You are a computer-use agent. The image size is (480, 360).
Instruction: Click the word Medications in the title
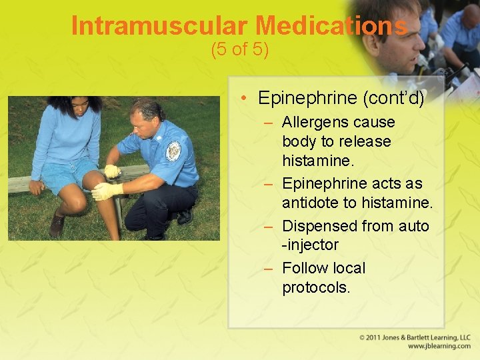(x=331, y=26)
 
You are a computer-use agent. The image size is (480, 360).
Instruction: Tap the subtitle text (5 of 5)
(x=239, y=50)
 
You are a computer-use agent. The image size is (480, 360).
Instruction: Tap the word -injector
(x=310, y=245)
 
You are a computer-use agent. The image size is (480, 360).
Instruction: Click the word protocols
(x=315, y=287)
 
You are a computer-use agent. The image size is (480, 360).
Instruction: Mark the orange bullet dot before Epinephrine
(x=245, y=99)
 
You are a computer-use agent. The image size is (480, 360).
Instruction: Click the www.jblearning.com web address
(x=439, y=347)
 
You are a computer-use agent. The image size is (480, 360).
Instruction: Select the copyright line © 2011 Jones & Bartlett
(x=415, y=337)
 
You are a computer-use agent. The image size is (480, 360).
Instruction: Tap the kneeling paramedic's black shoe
(x=184, y=216)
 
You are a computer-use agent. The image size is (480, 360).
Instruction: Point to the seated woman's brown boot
(x=57, y=225)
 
